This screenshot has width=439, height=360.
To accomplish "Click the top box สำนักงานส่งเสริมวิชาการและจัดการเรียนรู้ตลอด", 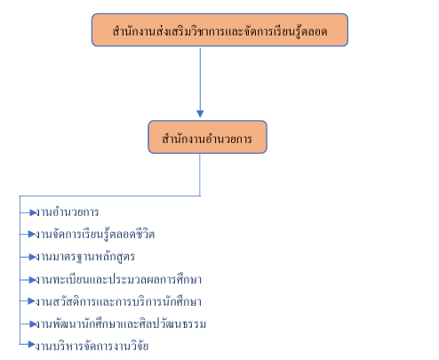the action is [219, 30].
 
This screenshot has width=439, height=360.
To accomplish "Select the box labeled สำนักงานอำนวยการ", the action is [207, 137].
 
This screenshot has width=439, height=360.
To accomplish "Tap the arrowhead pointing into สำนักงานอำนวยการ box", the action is [200, 114].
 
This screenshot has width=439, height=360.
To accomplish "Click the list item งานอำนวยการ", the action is [68, 212].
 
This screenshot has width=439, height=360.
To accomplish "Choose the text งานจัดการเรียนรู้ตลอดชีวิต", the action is [95, 235].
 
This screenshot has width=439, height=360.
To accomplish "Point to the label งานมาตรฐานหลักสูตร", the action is [85, 257].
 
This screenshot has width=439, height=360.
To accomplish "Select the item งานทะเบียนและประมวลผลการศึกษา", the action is [118, 279].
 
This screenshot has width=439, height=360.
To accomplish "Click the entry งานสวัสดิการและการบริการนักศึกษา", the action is [118, 301].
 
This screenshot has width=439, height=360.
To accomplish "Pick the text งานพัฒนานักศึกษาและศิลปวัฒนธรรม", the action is [121, 324].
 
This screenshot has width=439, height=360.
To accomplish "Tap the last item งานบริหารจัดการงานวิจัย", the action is [92, 346].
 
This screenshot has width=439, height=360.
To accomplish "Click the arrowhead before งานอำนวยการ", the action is [33, 212].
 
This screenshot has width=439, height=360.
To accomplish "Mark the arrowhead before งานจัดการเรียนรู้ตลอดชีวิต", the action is [32, 234].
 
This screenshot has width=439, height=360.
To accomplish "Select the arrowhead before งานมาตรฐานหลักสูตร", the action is [33, 257].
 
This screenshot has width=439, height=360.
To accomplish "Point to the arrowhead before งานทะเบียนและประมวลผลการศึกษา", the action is [33, 280].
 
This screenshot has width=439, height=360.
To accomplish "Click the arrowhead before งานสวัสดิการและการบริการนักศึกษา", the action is [32, 301].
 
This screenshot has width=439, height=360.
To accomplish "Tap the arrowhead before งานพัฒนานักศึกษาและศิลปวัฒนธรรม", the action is [33, 324].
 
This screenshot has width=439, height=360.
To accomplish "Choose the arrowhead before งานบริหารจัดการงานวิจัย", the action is [32, 344].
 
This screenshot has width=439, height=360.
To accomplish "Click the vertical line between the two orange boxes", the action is [200, 79].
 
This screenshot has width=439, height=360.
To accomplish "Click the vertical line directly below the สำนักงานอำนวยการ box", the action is [200, 174].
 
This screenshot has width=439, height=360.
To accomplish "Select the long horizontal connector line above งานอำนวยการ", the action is [110, 196].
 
